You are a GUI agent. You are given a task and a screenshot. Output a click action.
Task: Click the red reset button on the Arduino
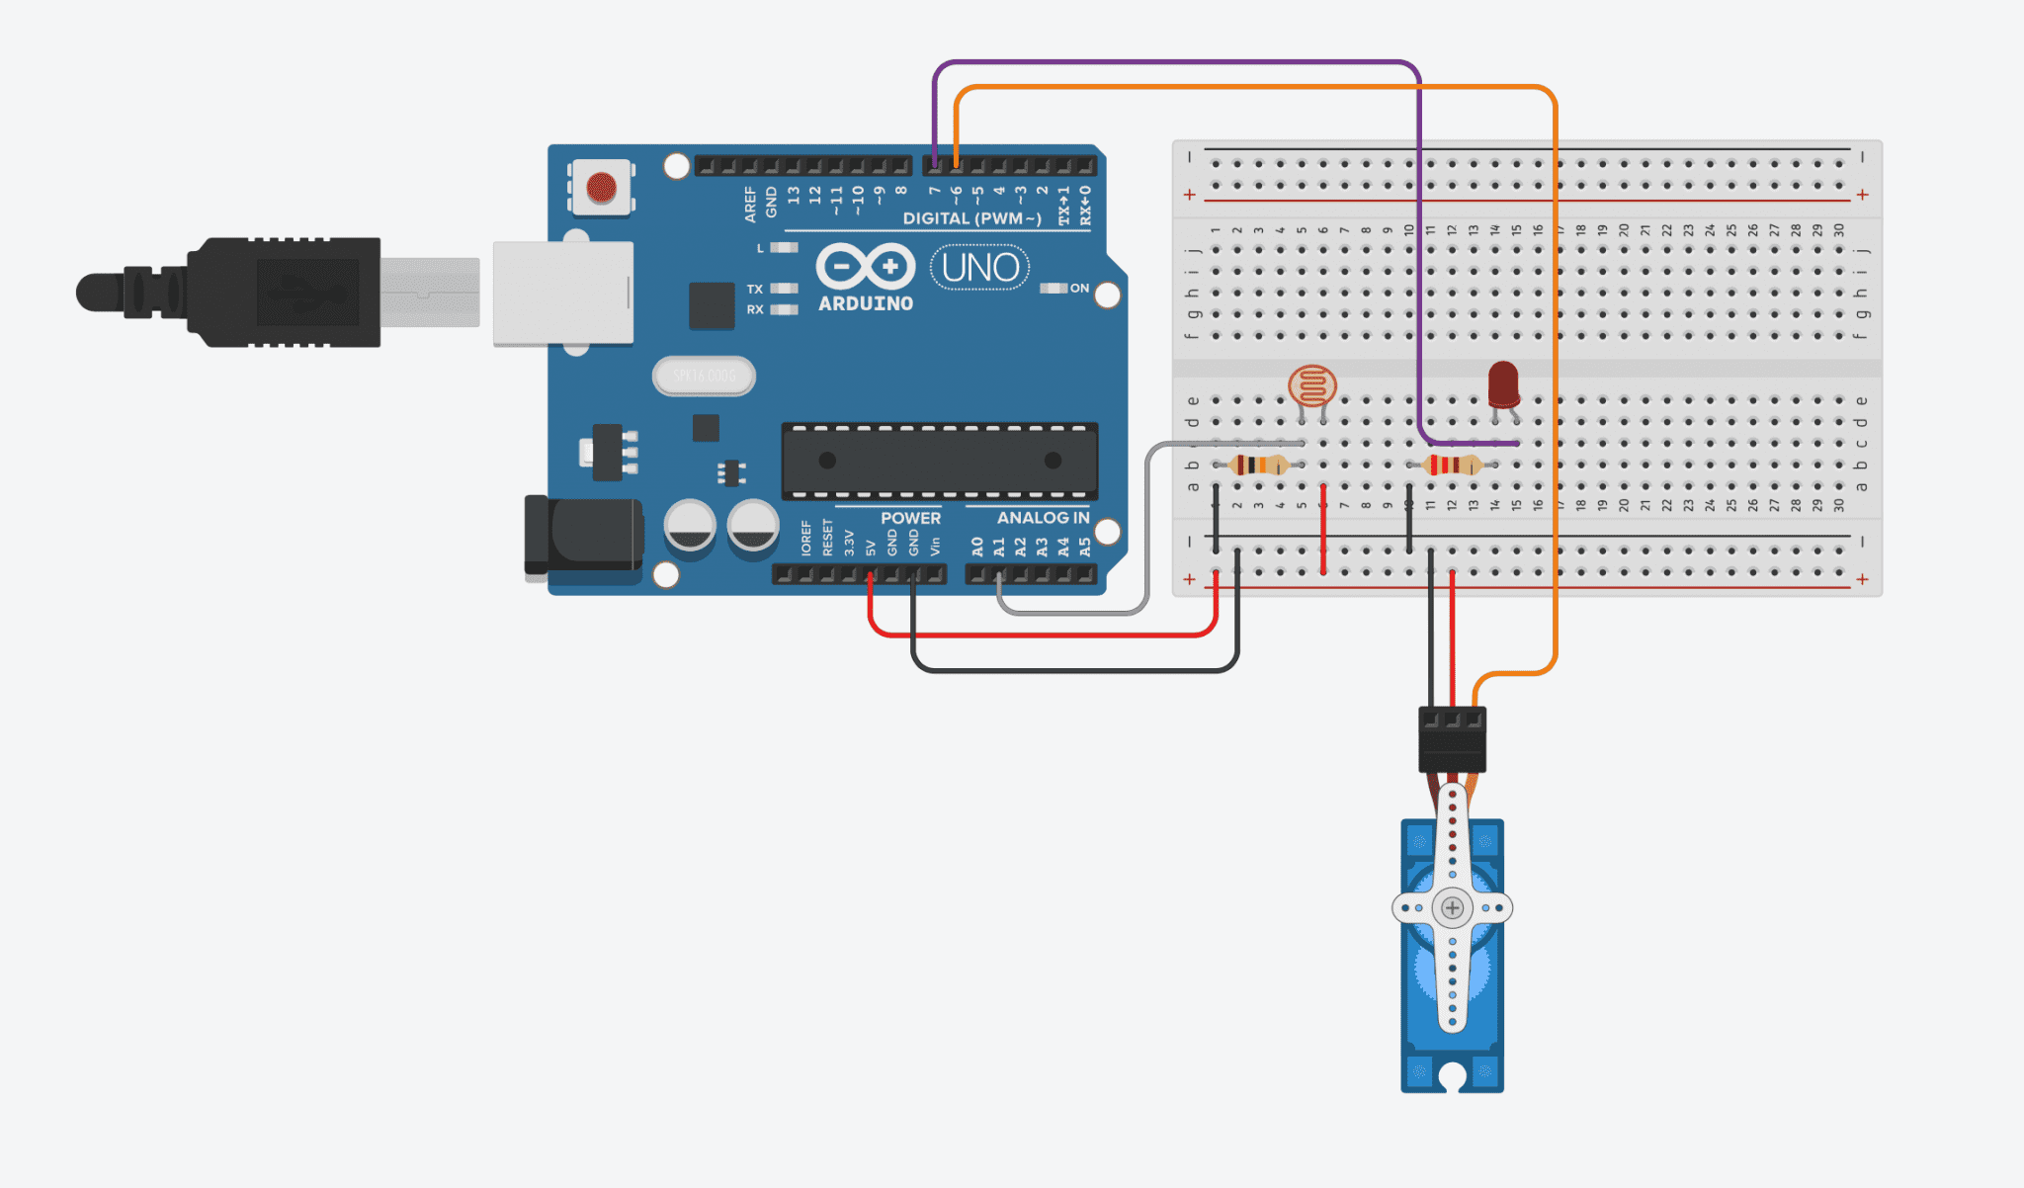601,187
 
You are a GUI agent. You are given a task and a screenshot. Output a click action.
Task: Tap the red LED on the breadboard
1503,383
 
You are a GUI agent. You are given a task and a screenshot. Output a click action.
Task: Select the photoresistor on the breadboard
1312,386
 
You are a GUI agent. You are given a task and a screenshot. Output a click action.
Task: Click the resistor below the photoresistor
1258,465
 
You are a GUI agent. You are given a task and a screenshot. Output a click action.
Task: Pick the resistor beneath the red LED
1452,465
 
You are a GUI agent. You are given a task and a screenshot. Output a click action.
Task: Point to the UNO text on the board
980,268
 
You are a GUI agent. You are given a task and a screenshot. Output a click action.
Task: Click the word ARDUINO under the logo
866,303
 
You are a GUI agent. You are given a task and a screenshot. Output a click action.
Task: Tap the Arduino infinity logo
866,266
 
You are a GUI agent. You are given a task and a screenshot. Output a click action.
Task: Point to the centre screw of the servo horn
1452,907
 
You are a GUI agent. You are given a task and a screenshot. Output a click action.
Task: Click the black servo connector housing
1452,740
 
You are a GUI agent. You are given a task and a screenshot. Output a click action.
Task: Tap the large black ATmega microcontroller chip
939,461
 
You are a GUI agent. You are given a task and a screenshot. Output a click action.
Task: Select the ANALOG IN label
1043,518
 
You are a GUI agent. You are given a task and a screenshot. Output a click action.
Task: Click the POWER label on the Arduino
910,518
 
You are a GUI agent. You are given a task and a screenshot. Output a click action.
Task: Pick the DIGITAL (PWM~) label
971,218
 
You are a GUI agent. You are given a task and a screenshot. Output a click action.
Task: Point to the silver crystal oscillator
704,376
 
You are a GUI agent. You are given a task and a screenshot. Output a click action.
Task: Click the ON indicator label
1079,289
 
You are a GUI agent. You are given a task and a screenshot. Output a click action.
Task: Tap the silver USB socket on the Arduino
563,294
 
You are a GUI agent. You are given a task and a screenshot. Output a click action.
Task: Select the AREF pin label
750,204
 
